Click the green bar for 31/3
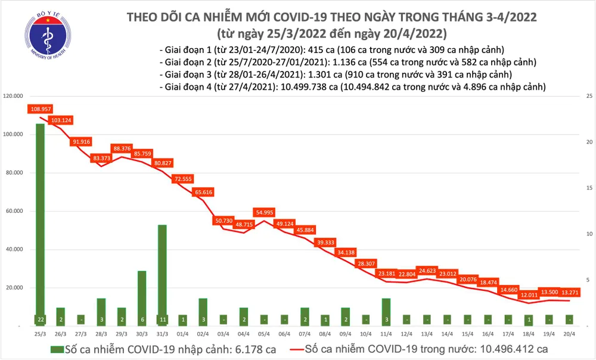click(x=162, y=274)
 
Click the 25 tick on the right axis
click(x=588, y=96)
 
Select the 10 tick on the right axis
click(x=588, y=234)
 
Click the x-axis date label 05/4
click(x=263, y=335)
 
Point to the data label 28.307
click(x=365, y=263)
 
